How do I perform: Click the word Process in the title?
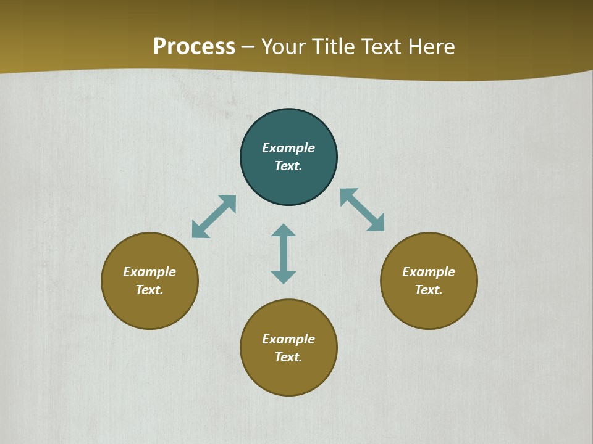point(194,47)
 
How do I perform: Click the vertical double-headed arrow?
point(284,253)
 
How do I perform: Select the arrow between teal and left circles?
point(214,216)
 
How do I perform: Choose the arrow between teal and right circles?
point(363,210)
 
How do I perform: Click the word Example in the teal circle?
point(288,148)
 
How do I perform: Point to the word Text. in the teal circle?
point(288,166)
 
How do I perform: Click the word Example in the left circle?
point(149,272)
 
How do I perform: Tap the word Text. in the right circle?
point(429,290)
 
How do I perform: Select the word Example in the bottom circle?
point(288,339)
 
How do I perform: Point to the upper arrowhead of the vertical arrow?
point(284,230)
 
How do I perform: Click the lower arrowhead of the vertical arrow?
point(284,277)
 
